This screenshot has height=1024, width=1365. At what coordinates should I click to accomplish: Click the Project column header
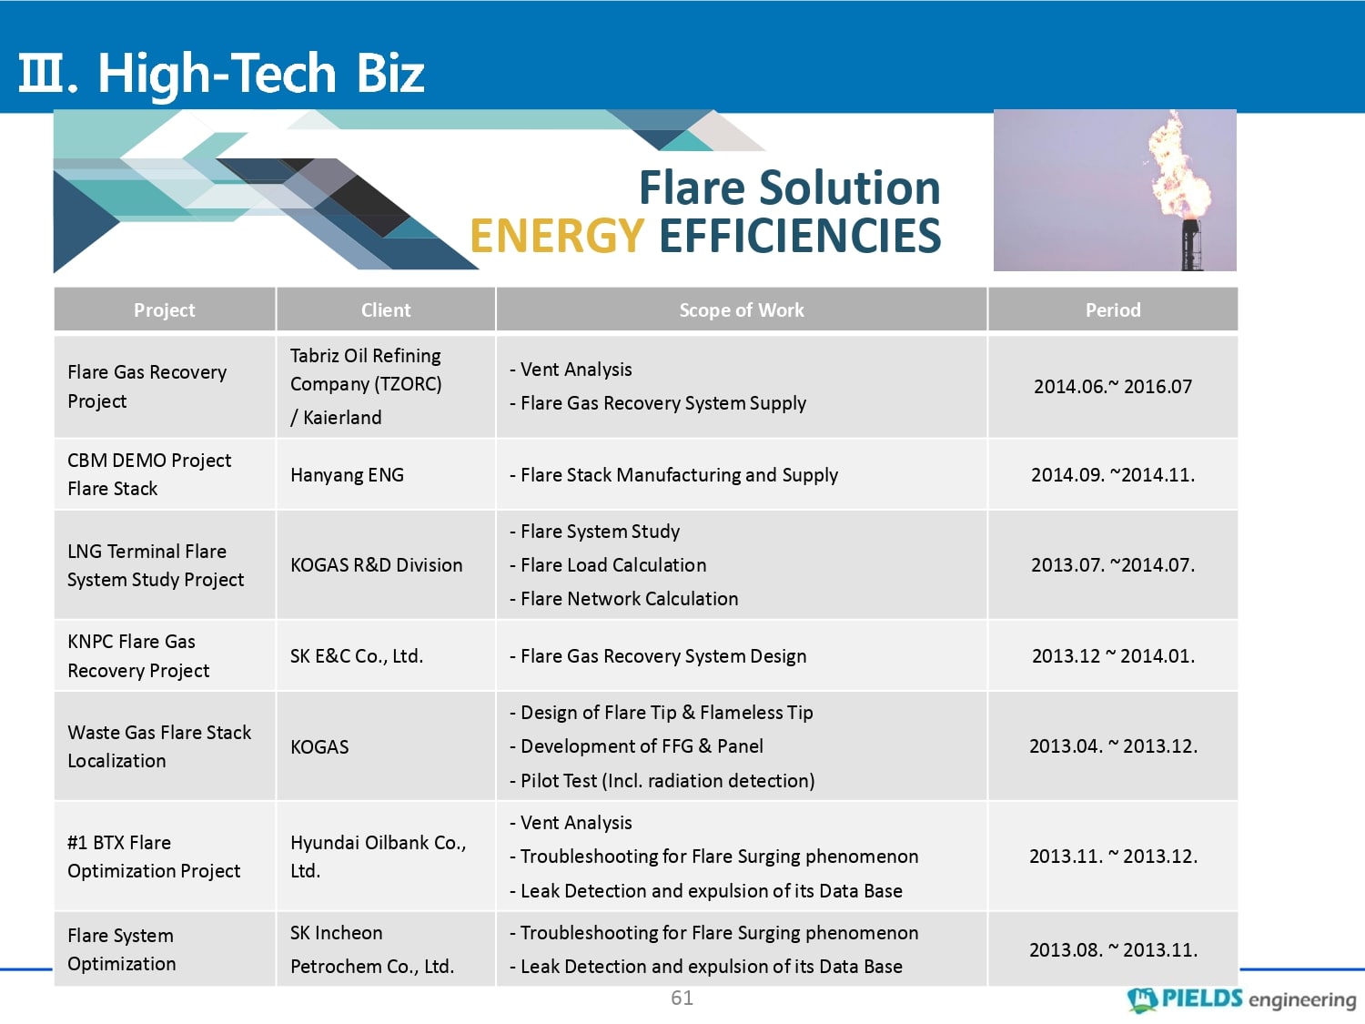(164, 309)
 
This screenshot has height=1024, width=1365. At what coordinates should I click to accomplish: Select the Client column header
(386, 309)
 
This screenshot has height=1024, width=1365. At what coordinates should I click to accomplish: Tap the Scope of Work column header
(742, 309)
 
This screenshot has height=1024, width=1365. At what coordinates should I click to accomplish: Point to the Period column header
(1113, 309)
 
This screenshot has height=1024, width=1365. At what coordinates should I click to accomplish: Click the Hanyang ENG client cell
(347, 475)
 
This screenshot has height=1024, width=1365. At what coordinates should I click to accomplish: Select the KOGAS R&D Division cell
(376, 564)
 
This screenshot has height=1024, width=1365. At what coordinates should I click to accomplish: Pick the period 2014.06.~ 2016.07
(1113, 386)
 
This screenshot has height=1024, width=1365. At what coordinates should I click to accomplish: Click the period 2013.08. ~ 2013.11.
(1113, 949)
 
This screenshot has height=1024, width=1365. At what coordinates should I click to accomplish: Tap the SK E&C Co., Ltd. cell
(357, 656)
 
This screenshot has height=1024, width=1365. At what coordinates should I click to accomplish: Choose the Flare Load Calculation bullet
(608, 564)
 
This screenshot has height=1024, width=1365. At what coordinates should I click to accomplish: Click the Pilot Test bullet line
(662, 780)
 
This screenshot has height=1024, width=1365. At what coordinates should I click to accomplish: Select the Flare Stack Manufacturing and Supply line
(673, 475)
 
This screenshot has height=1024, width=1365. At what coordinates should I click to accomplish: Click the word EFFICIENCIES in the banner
(800, 236)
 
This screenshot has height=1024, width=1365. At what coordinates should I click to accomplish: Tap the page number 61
(682, 998)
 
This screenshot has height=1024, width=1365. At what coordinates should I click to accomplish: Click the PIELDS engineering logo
(1241, 999)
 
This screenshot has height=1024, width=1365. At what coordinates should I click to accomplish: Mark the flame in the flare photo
(1178, 167)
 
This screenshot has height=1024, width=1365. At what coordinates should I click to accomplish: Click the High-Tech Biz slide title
(221, 74)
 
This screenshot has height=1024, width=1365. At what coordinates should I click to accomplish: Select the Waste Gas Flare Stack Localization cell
(159, 746)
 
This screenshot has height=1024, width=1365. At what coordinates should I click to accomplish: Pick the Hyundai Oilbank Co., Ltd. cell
(378, 857)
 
